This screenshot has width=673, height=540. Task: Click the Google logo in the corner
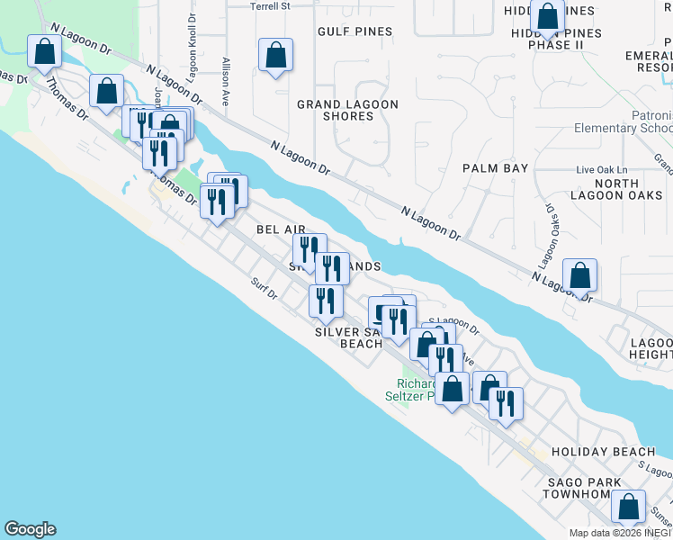coord(31,529)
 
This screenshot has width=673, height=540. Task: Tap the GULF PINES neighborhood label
coord(354,31)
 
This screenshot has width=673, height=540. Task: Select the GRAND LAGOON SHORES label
coord(348,111)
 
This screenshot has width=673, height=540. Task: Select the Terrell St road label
coord(272,5)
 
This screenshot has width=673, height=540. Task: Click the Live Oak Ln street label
coord(601,170)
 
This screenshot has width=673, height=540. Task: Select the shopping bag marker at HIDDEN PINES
coord(547,16)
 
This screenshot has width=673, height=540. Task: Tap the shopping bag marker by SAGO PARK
coord(628,507)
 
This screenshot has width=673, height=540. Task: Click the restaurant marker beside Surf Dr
coord(325,301)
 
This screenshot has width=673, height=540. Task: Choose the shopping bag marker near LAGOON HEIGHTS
coord(580,274)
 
